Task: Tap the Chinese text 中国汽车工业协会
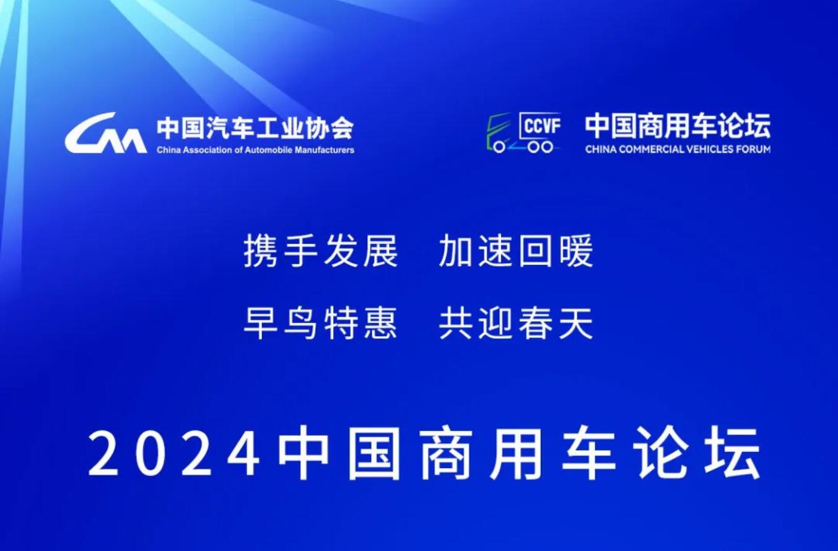pyautogui.click(x=255, y=128)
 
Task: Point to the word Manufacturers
pyautogui.click(x=325, y=150)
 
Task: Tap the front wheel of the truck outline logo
pyautogui.click(x=499, y=147)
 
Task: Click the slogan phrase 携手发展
pyautogui.click(x=321, y=251)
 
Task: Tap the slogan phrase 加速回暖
pyautogui.click(x=516, y=251)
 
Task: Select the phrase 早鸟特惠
pyautogui.click(x=321, y=323)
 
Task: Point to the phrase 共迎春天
pyautogui.click(x=516, y=323)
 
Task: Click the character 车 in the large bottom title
pyautogui.click(x=588, y=454)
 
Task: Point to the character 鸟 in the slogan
pyautogui.click(x=300, y=323)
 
